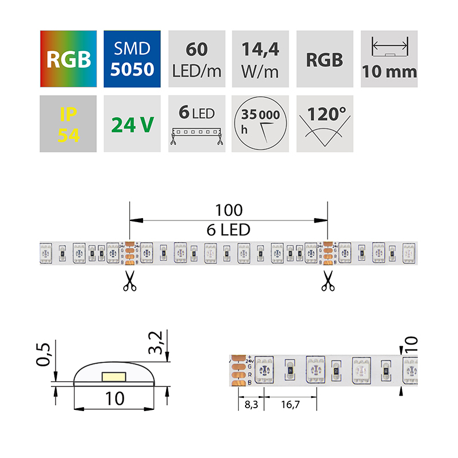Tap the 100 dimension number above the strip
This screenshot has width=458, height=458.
(230, 210)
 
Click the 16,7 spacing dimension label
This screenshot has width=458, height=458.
(289, 405)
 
